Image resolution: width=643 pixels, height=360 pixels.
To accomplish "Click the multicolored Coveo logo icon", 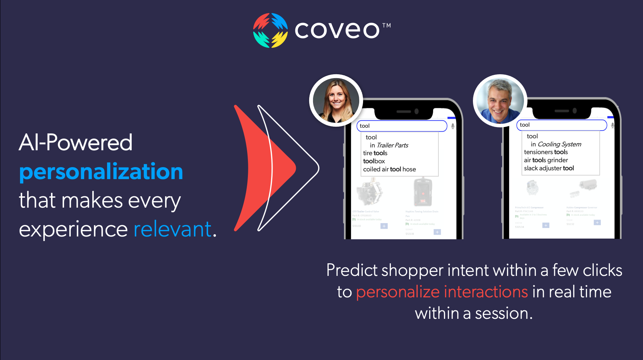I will pyautogui.click(x=270, y=30).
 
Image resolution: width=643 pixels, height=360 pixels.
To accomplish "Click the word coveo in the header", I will pyautogui.click(x=337, y=30).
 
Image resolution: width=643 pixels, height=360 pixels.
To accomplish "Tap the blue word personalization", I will pyautogui.click(x=101, y=172).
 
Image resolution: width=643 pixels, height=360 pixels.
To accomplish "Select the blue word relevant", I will pyautogui.click(x=173, y=229).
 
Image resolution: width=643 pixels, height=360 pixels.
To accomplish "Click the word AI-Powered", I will pyautogui.click(x=76, y=143).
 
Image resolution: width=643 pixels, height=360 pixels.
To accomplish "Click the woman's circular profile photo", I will pyautogui.click(x=336, y=100).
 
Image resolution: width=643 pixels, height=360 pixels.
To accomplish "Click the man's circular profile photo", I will pyautogui.click(x=500, y=101).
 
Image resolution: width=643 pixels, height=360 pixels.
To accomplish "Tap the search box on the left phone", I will pyautogui.click(x=401, y=126).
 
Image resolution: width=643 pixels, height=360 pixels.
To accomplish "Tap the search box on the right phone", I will pyautogui.click(x=561, y=125).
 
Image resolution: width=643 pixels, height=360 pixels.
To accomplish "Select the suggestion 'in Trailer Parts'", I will pyautogui.click(x=389, y=145).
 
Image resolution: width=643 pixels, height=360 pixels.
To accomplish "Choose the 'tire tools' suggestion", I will pyautogui.click(x=375, y=153).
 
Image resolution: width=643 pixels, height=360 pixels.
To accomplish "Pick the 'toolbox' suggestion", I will pyautogui.click(x=374, y=161).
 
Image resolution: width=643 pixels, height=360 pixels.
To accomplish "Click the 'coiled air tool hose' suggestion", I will pyautogui.click(x=389, y=169).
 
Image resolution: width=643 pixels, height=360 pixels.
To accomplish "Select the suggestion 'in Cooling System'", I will pyautogui.click(x=556, y=144).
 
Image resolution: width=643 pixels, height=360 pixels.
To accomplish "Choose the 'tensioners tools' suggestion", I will pyautogui.click(x=546, y=152).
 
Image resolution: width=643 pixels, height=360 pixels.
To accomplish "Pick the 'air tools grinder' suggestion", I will pyautogui.click(x=546, y=160).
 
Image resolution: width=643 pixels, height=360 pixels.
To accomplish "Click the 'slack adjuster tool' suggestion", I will pyautogui.click(x=549, y=168).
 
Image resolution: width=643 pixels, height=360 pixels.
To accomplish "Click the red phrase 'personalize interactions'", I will pyautogui.click(x=442, y=292).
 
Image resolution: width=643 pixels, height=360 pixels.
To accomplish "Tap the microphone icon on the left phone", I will pyautogui.click(x=453, y=126).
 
